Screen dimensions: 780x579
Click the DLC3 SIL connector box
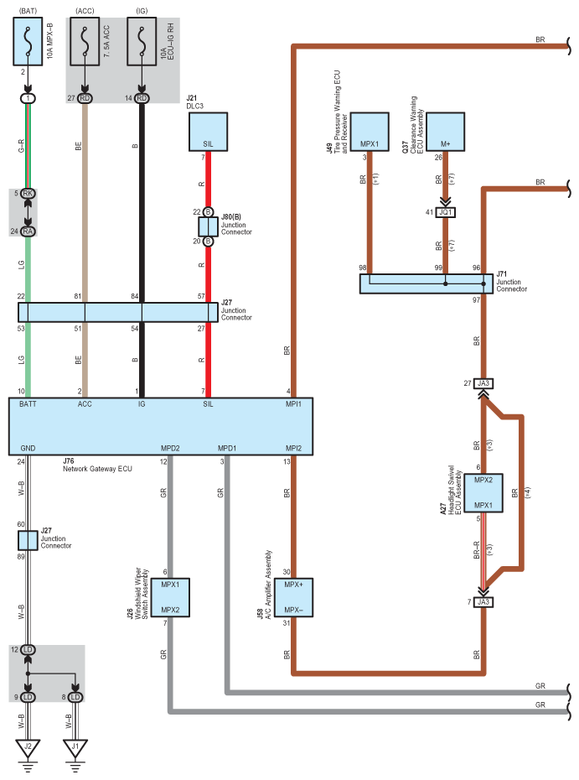(x=208, y=132)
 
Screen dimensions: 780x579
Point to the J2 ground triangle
(x=28, y=746)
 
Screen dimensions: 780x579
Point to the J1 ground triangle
(x=75, y=746)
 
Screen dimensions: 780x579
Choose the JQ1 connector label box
(x=445, y=212)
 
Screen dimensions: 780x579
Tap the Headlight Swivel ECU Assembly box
(x=483, y=492)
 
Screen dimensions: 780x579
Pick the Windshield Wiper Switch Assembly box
(x=170, y=596)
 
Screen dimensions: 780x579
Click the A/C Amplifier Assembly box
(x=292, y=596)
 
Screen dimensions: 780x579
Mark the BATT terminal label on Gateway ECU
(x=28, y=403)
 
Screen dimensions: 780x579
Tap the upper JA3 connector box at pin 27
(x=483, y=383)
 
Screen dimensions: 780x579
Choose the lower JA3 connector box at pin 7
(x=483, y=601)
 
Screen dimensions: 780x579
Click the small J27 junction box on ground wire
(x=28, y=540)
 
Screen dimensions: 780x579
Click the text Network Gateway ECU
(x=97, y=468)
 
